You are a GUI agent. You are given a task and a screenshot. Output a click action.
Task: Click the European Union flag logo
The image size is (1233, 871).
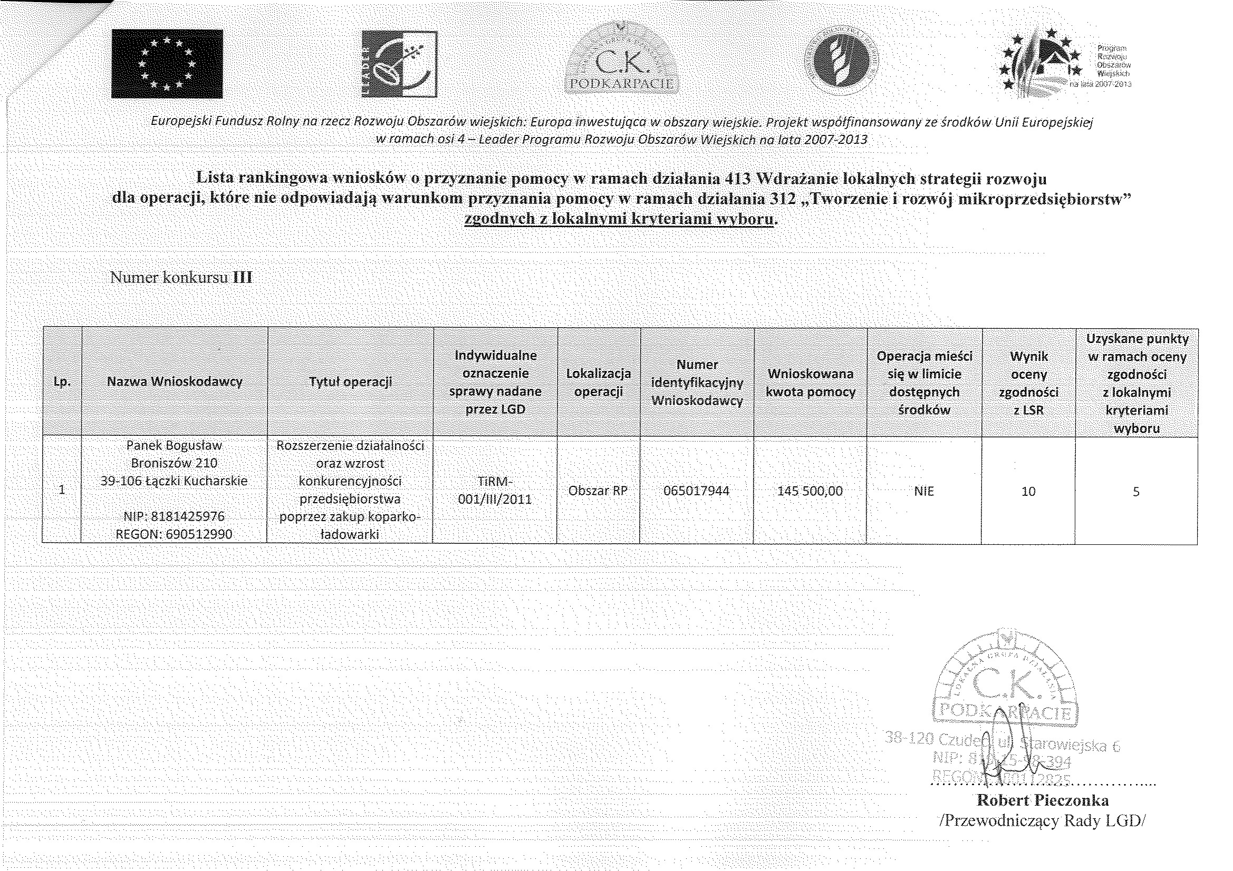167,64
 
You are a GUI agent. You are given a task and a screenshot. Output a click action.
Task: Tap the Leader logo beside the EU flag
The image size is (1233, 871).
399,64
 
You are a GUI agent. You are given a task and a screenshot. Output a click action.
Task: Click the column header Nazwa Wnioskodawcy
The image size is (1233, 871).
175,381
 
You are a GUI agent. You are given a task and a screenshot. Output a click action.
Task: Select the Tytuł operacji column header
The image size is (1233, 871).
350,381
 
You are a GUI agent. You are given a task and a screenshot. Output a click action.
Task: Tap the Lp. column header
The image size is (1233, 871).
62,381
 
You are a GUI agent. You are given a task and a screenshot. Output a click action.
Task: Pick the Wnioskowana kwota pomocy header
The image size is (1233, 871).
810,383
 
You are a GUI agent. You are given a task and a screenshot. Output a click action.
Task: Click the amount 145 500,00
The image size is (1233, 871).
810,491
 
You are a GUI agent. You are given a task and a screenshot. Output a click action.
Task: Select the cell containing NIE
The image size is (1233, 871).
923,491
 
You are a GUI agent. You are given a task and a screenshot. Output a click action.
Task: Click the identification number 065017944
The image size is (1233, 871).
697,491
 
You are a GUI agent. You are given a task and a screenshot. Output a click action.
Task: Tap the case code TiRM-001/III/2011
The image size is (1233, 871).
495,491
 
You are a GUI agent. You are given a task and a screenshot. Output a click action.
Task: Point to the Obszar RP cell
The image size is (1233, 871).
598,491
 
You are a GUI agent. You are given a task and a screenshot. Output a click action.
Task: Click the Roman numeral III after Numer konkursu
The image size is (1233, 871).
242,278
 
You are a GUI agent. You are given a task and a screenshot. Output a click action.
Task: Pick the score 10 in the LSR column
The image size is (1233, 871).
1028,491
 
